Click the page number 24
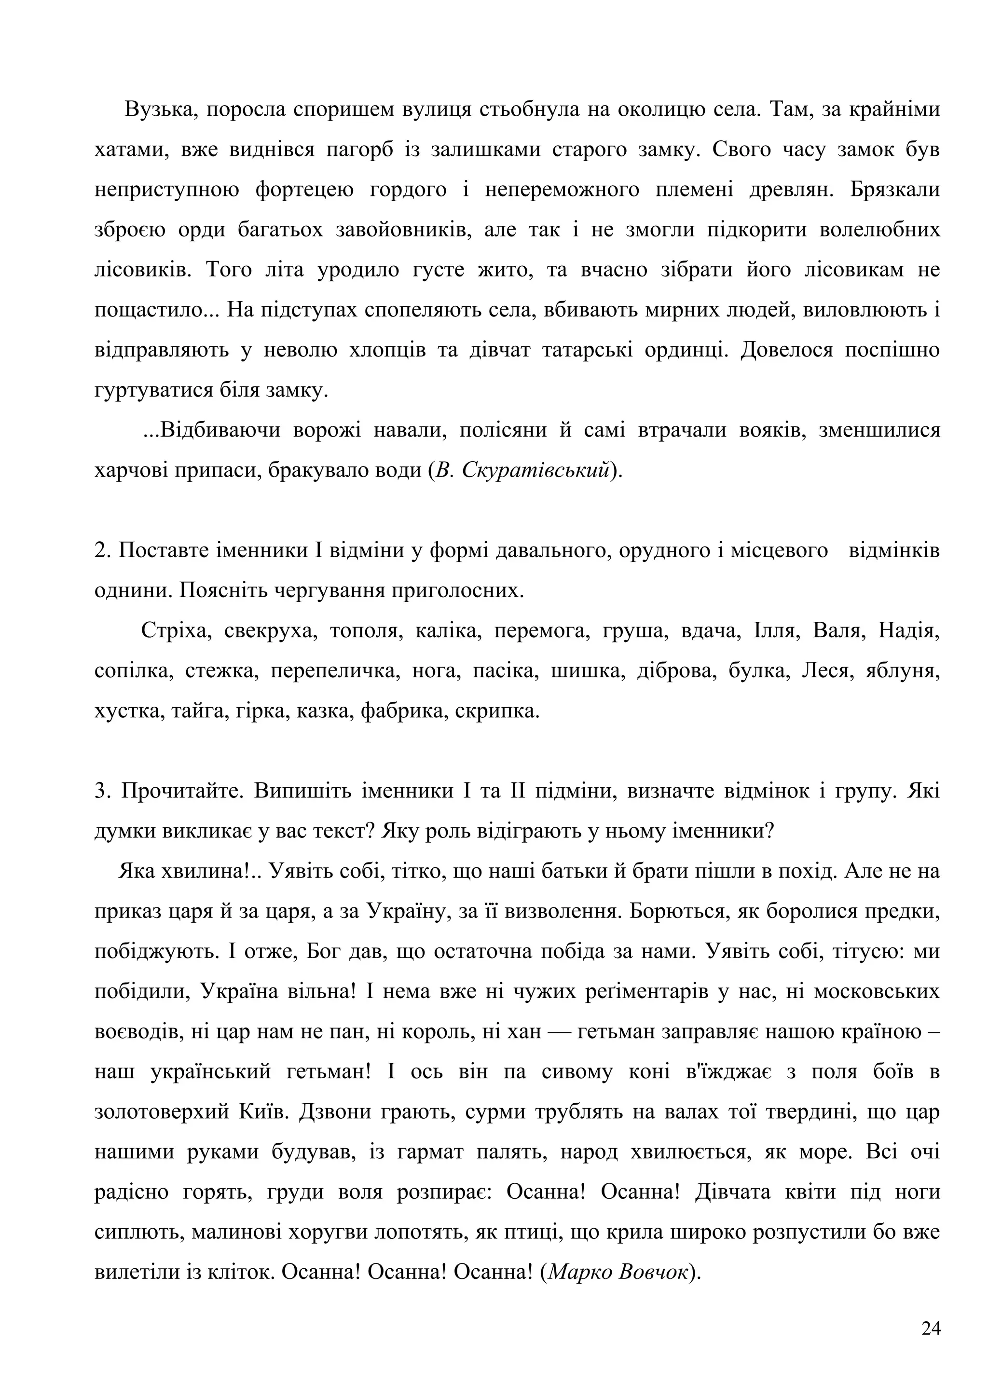(931, 1328)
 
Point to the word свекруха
(268, 631)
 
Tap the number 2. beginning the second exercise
(102, 550)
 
